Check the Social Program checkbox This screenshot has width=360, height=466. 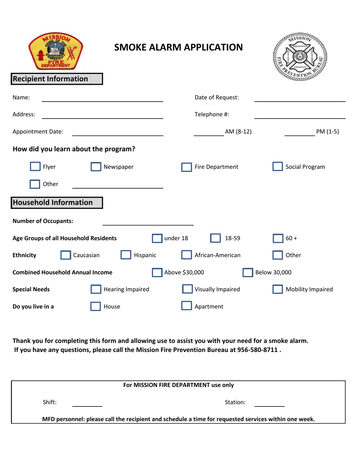278,167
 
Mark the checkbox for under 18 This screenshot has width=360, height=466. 157,239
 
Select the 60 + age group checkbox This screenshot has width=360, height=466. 278,239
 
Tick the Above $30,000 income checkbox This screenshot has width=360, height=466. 157,272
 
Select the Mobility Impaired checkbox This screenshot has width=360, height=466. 278,290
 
